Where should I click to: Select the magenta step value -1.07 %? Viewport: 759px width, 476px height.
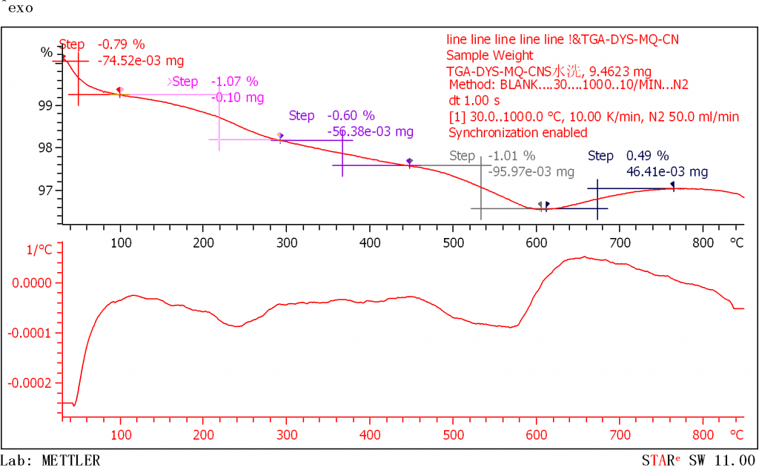click(x=234, y=82)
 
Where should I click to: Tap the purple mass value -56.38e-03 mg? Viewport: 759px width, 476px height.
click(x=370, y=131)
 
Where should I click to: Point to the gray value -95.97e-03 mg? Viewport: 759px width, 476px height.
click(x=531, y=172)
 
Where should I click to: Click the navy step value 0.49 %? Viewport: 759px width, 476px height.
click(x=648, y=156)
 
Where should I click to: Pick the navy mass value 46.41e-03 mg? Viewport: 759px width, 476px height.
click(x=667, y=172)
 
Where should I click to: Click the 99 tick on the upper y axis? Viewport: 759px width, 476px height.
click(x=47, y=105)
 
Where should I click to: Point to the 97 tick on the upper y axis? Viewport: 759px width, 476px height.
click(x=47, y=191)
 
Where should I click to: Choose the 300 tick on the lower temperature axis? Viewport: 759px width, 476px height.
click(x=286, y=434)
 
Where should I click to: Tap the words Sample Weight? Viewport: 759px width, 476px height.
click(x=489, y=55)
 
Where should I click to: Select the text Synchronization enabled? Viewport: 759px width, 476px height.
click(x=518, y=133)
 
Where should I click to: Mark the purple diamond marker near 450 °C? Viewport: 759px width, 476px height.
click(x=409, y=161)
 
